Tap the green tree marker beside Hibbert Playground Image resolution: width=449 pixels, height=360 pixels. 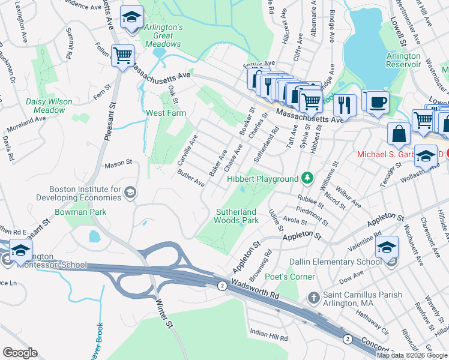coord(307,178)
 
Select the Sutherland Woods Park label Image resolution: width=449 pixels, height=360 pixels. coord(237,216)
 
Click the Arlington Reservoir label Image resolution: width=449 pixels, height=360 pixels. coord(403,61)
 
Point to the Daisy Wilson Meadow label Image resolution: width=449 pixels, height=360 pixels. coord(45,106)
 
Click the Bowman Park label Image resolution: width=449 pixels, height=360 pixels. coord(80,212)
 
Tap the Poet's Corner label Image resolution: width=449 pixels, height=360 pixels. coord(293,277)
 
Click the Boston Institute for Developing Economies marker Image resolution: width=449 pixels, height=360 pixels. coord(130,192)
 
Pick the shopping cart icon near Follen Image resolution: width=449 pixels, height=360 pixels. coord(122,56)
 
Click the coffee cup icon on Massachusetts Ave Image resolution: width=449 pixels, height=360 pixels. coord(376,101)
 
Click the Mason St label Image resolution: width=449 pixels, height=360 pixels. coord(118,163)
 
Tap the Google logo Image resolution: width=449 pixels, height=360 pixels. coord(20,352)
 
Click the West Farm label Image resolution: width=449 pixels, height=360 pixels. coord(166,113)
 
